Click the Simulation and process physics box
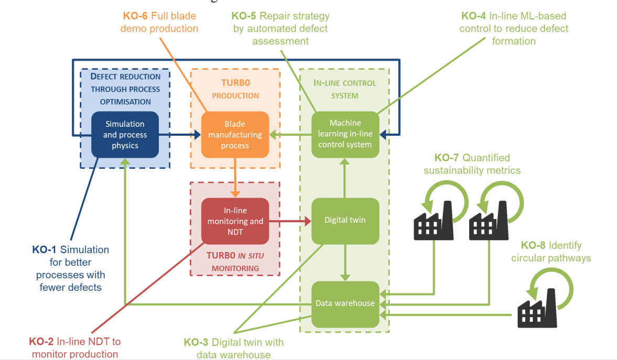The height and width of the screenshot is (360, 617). point(125,135)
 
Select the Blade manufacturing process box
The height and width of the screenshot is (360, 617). point(235,135)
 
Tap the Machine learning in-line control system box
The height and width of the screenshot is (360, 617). point(345,134)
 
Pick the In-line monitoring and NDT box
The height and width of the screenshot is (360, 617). point(235,221)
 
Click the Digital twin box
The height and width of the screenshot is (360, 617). point(345,221)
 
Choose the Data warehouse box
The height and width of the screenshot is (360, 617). point(345,303)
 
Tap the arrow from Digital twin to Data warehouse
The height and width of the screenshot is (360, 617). point(345,262)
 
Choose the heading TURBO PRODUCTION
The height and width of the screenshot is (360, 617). point(235,90)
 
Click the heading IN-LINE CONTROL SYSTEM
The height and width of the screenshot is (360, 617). point(344,89)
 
